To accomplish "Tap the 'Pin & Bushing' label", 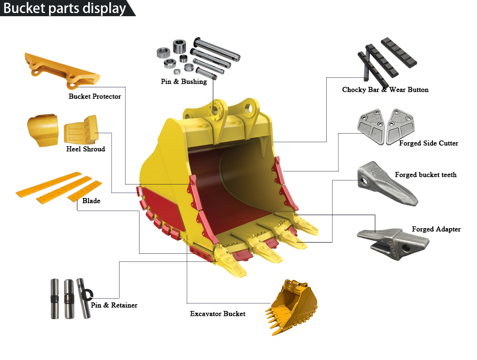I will tap(184, 81).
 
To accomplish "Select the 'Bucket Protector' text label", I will tap(94, 96).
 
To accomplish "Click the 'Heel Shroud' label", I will tap(85, 149).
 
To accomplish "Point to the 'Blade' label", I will tap(91, 201).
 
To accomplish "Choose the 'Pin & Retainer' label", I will tap(114, 305).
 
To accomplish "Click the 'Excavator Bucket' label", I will tap(218, 313).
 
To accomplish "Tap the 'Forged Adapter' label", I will tap(436, 229).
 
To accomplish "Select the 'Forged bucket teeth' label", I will tap(425, 175).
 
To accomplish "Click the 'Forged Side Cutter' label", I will tap(428, 143).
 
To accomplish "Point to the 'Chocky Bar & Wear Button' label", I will tap(385, 90).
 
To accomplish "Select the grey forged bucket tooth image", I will tap(385, 184).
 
